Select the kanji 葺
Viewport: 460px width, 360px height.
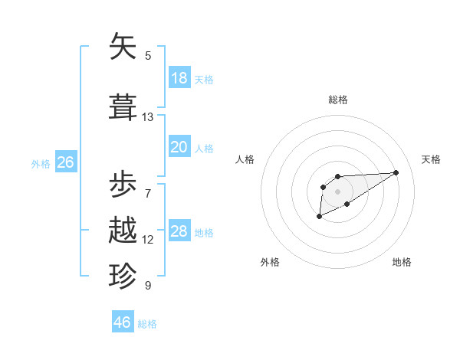coord(123,107)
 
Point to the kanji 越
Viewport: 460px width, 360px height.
coord(123,231)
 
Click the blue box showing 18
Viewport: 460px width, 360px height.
coord(179,78)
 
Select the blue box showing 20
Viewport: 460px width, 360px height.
coord(179,147)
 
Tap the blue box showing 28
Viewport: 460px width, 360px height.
coord(179,231)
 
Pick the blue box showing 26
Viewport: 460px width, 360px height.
coord(65,162)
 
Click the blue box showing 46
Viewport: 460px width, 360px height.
coord(123,322)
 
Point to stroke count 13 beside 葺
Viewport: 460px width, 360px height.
coord(148,117)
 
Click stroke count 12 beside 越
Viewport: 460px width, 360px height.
coord(148,240)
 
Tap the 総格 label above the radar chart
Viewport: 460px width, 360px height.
coord(338,100)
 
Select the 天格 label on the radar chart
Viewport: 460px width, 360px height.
coord(431,159)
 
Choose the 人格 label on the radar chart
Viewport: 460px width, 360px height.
coord(245,159)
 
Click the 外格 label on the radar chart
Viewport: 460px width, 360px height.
coord(270,262)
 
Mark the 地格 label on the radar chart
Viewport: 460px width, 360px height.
coord(402,262)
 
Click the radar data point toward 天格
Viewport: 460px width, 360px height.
coord(396,172)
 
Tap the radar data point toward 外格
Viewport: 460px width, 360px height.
coord(319,217)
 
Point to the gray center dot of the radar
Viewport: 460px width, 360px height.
coord(337,191)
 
